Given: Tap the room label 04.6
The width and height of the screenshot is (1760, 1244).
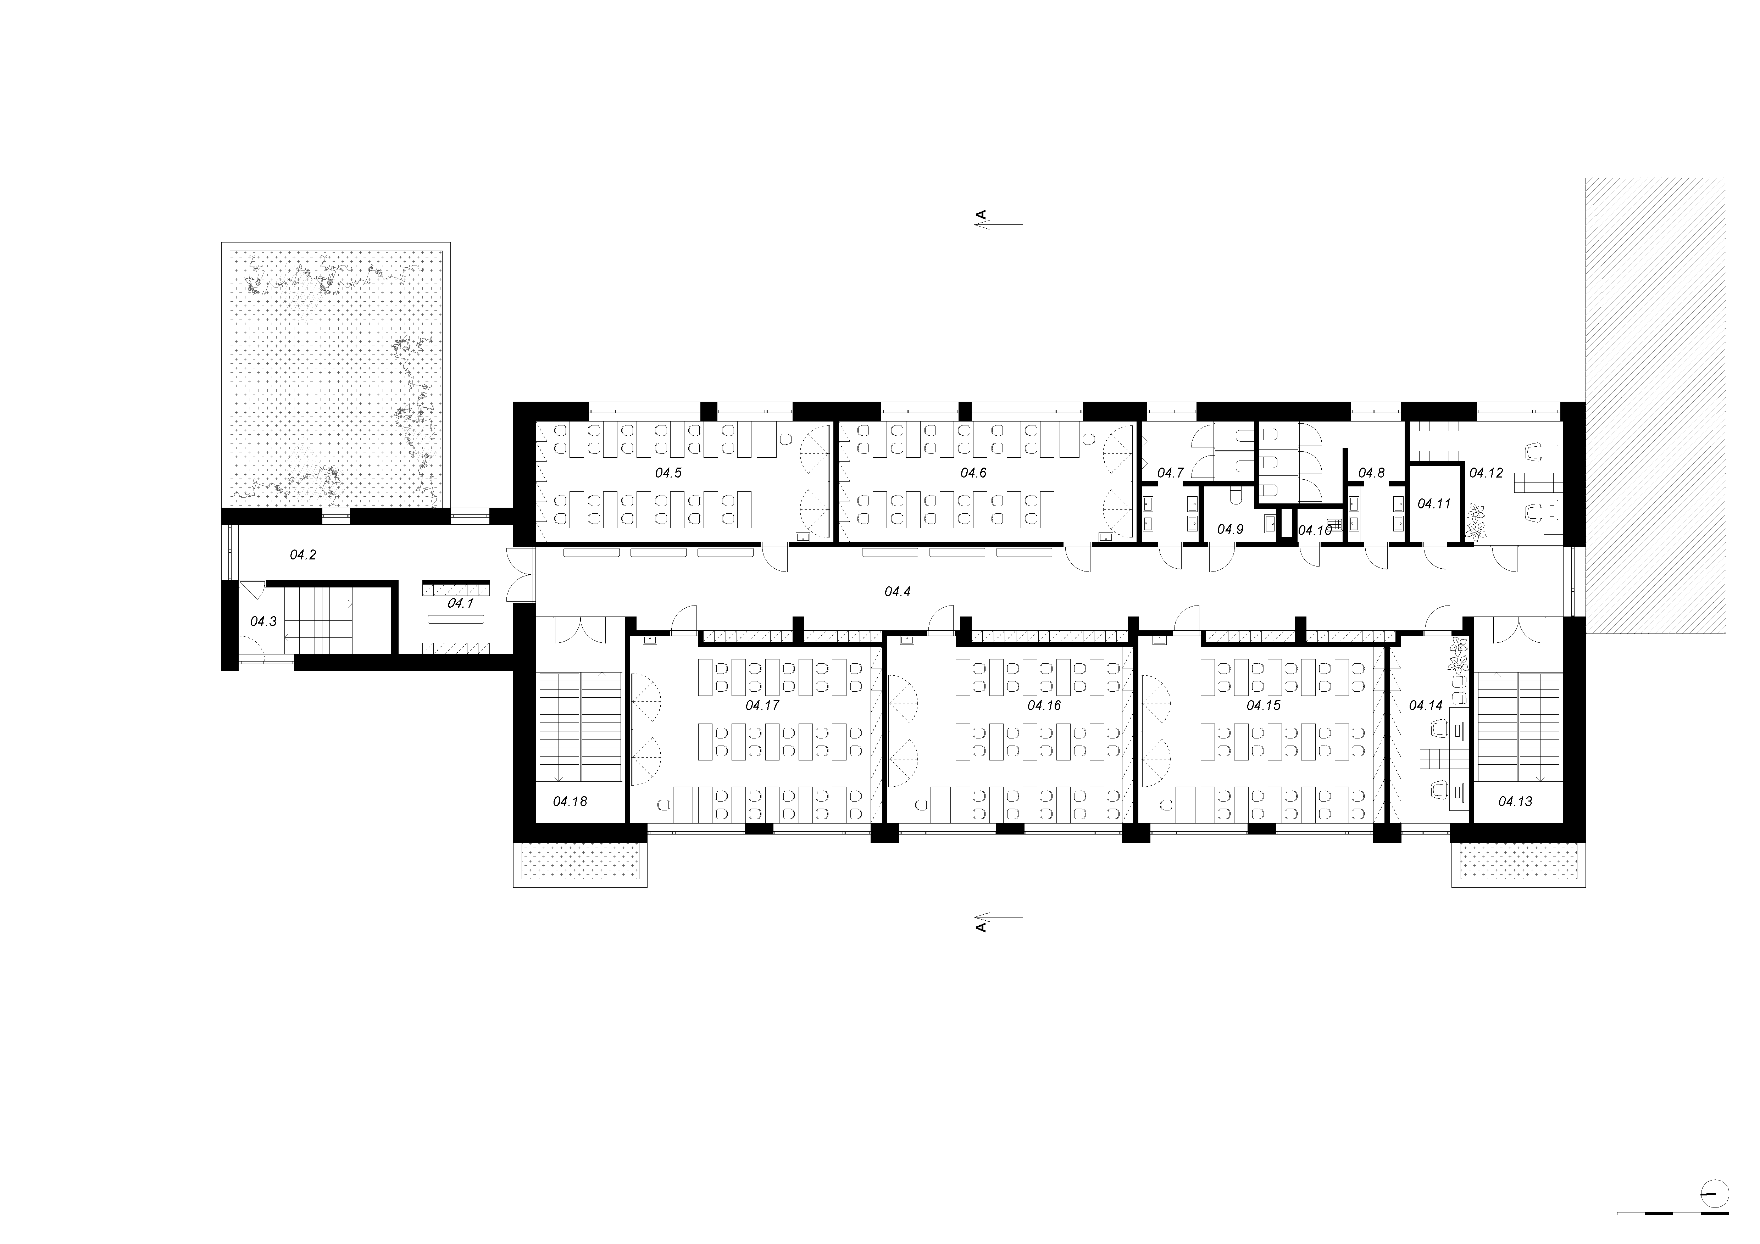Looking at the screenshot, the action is tap(973, 473).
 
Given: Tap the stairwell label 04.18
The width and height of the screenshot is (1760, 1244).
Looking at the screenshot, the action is tap(570, 802).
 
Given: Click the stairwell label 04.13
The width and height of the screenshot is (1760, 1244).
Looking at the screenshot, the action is tap(1515, 802).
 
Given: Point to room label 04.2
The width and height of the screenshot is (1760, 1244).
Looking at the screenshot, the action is tap(303, 554).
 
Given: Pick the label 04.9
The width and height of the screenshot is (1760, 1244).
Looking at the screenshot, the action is tap(1230, 529).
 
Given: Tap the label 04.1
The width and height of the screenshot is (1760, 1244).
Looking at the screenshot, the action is tap(460, 603).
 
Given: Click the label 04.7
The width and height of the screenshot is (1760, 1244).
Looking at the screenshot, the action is tap(1171, 473).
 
